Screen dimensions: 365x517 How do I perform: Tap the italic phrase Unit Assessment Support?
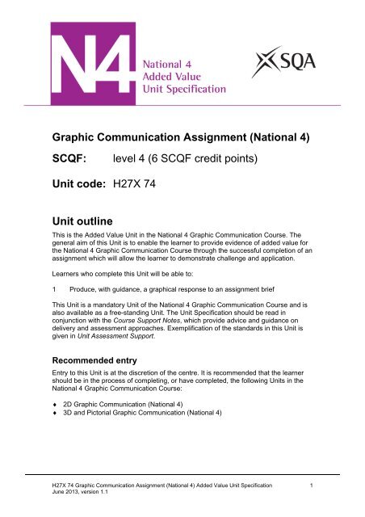tap(133, 332)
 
